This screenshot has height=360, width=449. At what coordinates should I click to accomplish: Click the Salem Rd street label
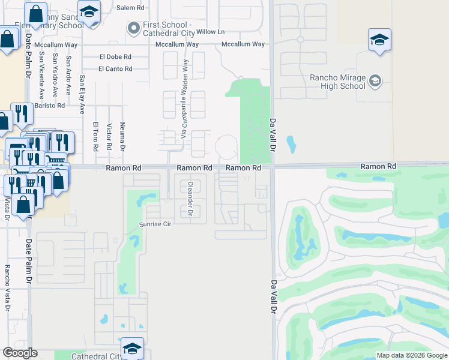[131, 8]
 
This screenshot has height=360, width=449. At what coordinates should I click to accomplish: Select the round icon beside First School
[133, 27]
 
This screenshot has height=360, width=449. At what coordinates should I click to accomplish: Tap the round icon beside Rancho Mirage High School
[375, 80]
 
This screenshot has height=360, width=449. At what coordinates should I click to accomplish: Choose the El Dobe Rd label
[115, 57]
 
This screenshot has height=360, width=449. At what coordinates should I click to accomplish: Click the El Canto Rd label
[116, 69]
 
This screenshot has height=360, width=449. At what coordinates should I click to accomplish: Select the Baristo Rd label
[49, 106]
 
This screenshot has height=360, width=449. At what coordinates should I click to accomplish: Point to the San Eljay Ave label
[83, 94]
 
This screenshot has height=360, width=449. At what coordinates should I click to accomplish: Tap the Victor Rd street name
[109, 137]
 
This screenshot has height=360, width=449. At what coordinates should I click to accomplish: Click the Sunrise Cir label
[156, 224]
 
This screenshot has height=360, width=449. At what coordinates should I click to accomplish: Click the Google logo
[20, 353]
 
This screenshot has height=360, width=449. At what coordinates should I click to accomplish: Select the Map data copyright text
[411, 355]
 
